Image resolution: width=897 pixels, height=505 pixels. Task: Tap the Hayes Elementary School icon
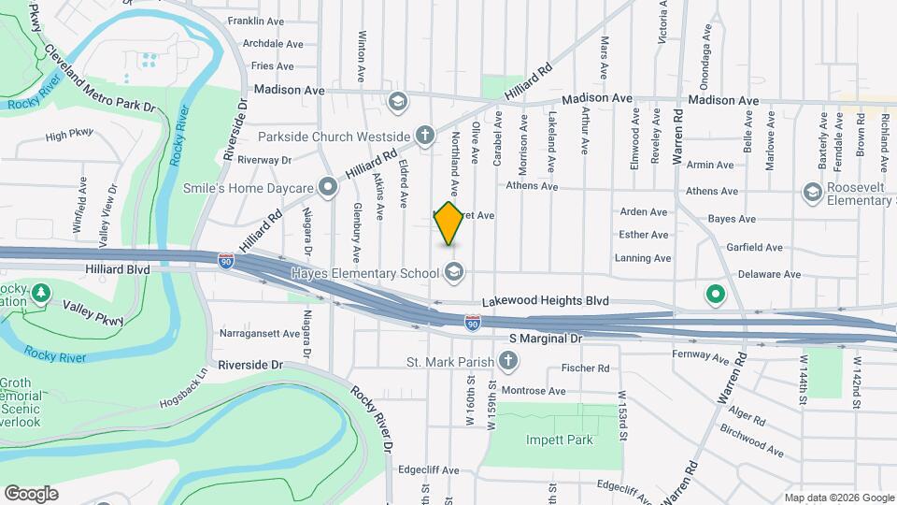[x=454, y=273]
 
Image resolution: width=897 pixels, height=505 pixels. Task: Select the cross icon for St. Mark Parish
[x=507, y=361]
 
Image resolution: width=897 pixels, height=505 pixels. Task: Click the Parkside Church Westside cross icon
[x=424, y=137]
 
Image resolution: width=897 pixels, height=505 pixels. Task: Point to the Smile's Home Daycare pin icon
[x=328, y=188]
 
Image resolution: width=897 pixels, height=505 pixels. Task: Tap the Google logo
[x=31, y=494]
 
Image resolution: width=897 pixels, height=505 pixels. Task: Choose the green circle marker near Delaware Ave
[x=716, y=296]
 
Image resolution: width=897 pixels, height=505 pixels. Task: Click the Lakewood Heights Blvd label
[x=546, y=301]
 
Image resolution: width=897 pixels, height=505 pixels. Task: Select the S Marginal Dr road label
[x=545, y=337]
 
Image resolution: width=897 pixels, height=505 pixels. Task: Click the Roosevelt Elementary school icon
[x=811, y=191]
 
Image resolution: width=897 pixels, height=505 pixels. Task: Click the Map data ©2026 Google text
[x=839, y=498]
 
